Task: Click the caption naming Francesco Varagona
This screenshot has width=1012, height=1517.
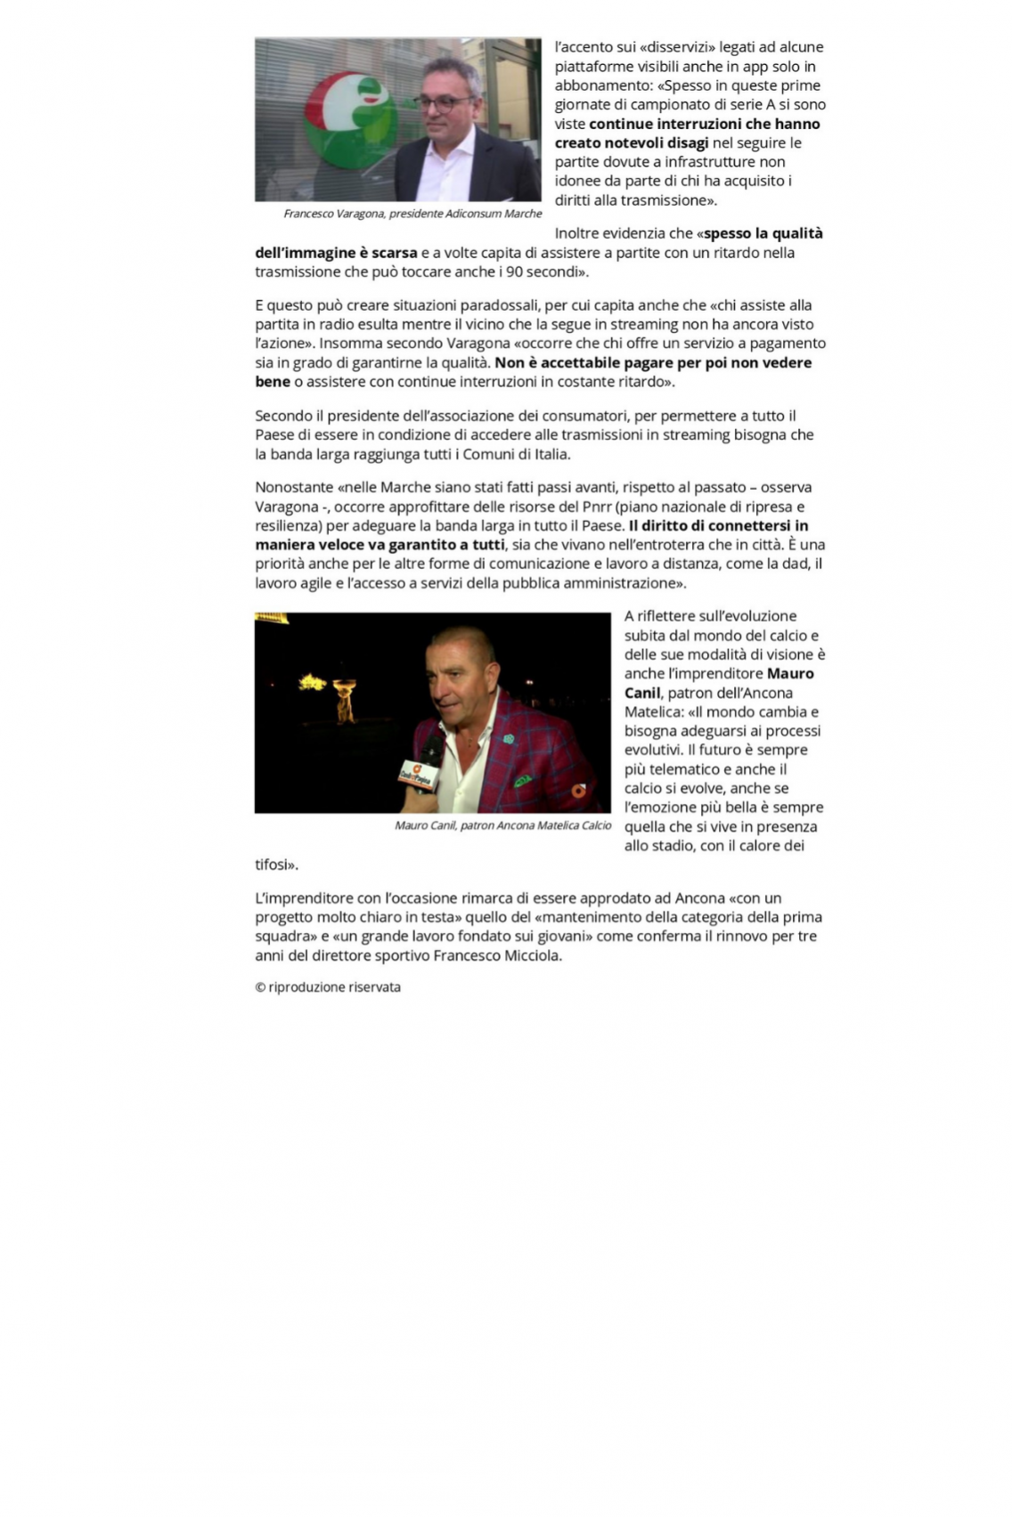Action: (x=412, y=214)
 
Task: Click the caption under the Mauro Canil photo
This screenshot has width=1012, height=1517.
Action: (x=502, y=825)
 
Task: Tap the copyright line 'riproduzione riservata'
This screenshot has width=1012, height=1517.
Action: (x=327, y=986)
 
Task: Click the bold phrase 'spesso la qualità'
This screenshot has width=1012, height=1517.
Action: (x=763, y=233)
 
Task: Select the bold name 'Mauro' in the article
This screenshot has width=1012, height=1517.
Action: (x=790, y=673)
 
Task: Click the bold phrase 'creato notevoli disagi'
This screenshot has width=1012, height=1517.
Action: (x=632, y=142)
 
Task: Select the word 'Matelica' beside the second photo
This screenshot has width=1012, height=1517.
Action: (x=655, y=711)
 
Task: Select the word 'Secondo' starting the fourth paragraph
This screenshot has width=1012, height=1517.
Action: (x=283, y=416)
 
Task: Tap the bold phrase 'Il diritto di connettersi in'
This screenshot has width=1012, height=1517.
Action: (x=718, y=525)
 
